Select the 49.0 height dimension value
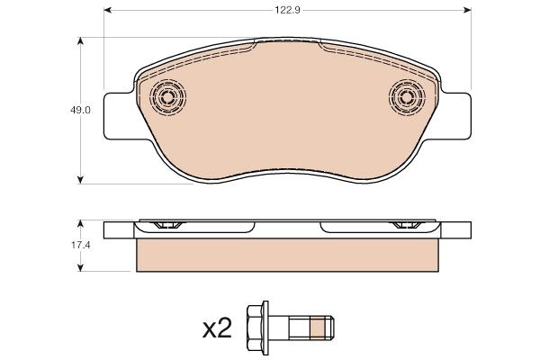tap(80, 110)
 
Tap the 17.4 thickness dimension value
tap(81, 246)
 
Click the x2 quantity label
tap(217, 329)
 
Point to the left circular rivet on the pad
tap(167, 97)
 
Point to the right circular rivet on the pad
tap(407, 97)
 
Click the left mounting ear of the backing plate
tap(118, 116)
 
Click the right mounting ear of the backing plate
tap(456, 116)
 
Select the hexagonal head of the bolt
tap(254, 328)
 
